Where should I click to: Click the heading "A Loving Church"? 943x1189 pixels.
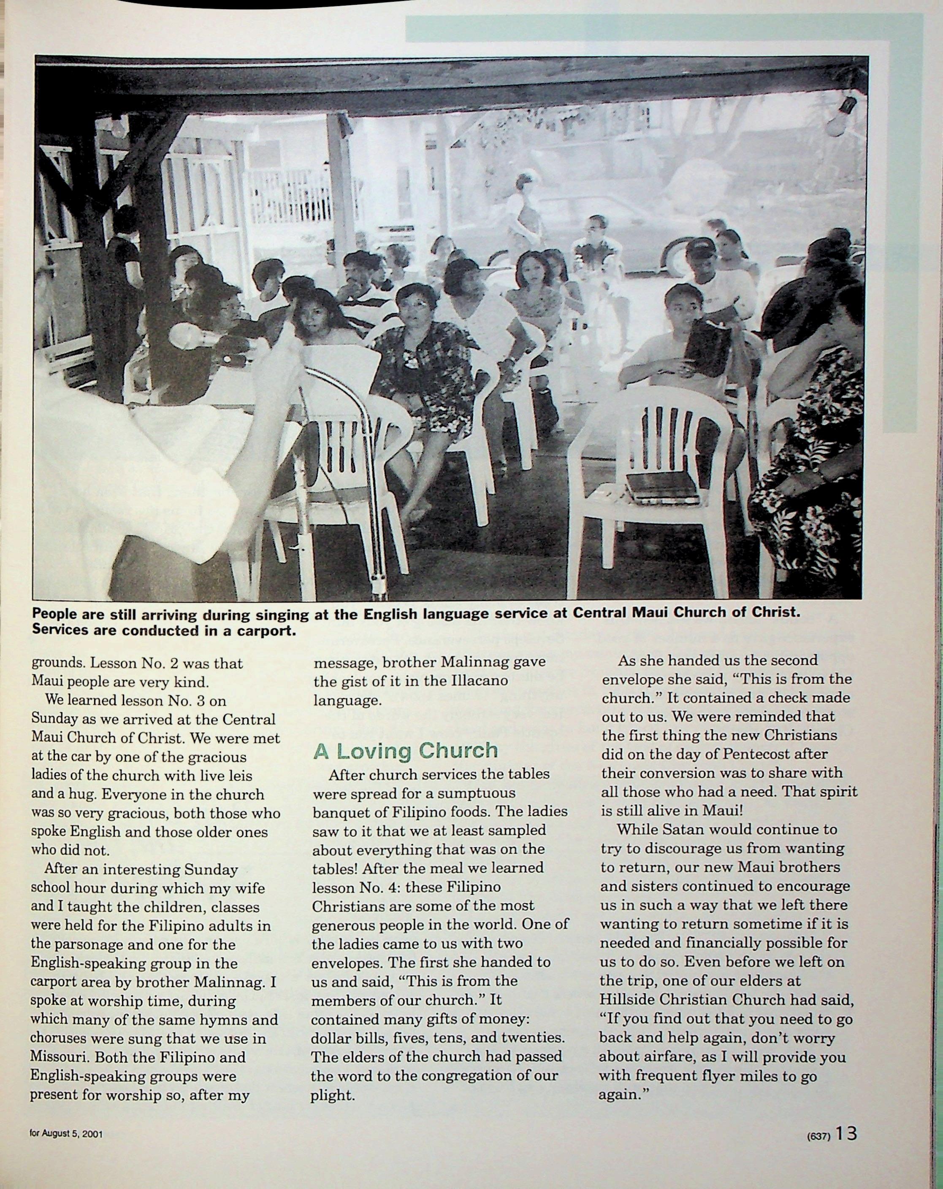pyautogui.click(x=406, y=751)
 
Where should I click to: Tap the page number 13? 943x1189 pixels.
pyautogui.click(x=846, y=1133)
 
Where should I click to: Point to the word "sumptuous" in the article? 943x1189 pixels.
pyautogui.click(x=480, y=793)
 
